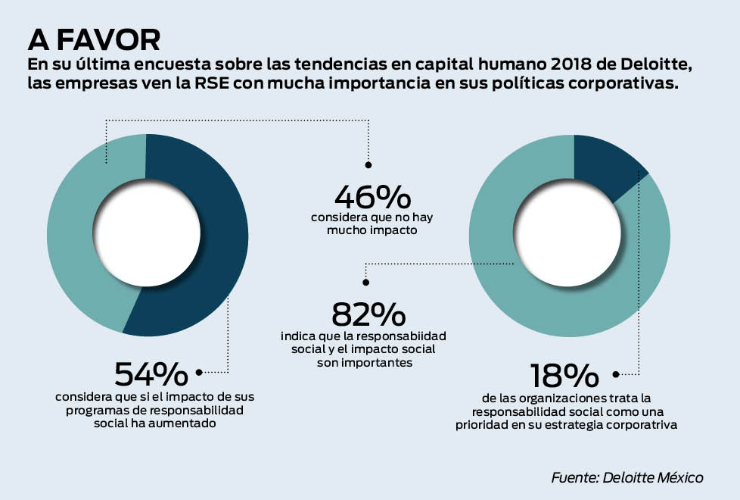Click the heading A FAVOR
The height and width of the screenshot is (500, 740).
tap(93, 39)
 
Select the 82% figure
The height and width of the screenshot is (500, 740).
tap(368, 315)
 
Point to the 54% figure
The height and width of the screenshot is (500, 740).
tap(151, 373)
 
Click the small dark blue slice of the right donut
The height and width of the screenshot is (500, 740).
tap(605, 163)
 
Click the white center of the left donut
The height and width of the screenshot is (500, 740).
tap(147, 235)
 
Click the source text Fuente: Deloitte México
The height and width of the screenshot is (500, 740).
tap(627, 477)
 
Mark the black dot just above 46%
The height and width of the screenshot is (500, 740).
tap(368, 164)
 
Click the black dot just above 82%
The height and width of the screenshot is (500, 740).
tap(365, 282)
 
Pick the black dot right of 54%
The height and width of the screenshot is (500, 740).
tap(199, 372)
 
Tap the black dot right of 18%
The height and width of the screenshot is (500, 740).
tap(615, 374)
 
